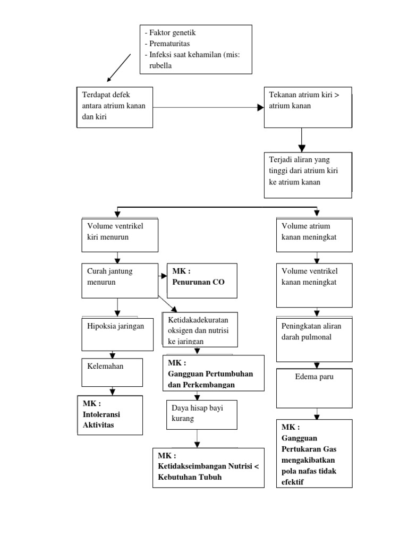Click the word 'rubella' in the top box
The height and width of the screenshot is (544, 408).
pyautogui.click(x=160, y=66)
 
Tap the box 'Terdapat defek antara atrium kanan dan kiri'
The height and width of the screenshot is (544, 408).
pyautogui.click(x=115, y=107)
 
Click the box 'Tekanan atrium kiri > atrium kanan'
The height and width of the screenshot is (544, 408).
pyautogui.click(x=308, y=107)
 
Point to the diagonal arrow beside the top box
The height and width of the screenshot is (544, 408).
pyautogui.click(x=119, y=67)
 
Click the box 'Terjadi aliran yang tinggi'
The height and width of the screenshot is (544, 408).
pyautogui.click(x=308, y=175)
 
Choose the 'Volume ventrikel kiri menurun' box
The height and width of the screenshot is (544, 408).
pyautogui.click(x=120, y=234)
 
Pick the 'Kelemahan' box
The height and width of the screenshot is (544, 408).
pyautogui.click(x=112, y=372)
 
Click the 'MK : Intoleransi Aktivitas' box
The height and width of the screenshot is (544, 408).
pyautogui.click(x=109, y=415)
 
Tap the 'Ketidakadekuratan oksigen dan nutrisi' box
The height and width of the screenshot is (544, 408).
pyautogui.click(x=200, y=329)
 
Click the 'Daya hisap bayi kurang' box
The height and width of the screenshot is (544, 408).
pyautogui.click(x=200, y=414)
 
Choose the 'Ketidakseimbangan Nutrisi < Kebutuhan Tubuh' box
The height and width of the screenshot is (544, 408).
pyautogui.click(x=208, y=467)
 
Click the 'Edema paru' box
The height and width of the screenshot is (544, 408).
pyautogui.click(x=314, y=388)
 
